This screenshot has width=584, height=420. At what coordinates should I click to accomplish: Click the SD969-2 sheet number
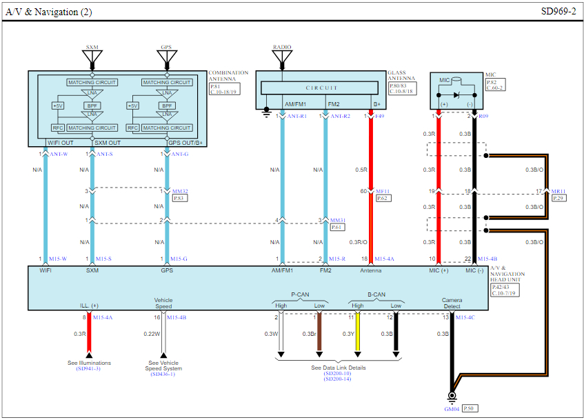click(558, 12)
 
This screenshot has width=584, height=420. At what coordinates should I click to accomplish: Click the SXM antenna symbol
click(92, 57)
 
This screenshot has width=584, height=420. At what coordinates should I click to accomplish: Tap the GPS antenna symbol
click(166, 57)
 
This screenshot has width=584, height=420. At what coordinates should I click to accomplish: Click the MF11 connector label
click(384, 191)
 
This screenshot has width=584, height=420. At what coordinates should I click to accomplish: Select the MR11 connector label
click(558, 191)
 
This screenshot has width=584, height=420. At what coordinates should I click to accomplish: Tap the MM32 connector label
click(180, 191)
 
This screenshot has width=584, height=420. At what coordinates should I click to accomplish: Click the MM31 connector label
click(337, 220)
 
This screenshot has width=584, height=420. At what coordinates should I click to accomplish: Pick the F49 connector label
click(380, 117)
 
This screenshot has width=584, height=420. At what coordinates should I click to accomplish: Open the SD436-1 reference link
click(163, 374)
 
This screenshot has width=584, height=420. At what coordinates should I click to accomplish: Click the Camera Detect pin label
click(452, 303)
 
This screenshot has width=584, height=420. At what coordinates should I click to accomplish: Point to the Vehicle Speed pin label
click(163, 303)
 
